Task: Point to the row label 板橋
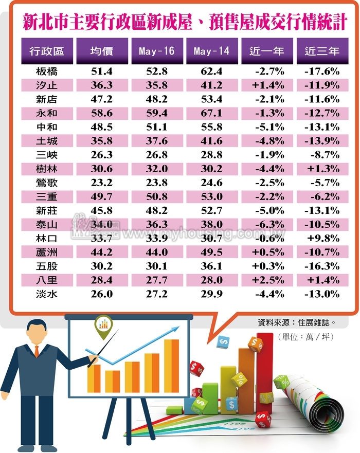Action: coord(47,71)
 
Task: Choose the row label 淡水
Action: coord(47,294)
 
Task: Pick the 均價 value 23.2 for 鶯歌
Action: coord(102,196)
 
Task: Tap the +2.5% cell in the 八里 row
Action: coord(268,280)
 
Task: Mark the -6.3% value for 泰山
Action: coord(268,224)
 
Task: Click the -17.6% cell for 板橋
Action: coord(322,71)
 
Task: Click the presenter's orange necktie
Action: coord(37,351)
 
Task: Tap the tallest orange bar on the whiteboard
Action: coord(171,366)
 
